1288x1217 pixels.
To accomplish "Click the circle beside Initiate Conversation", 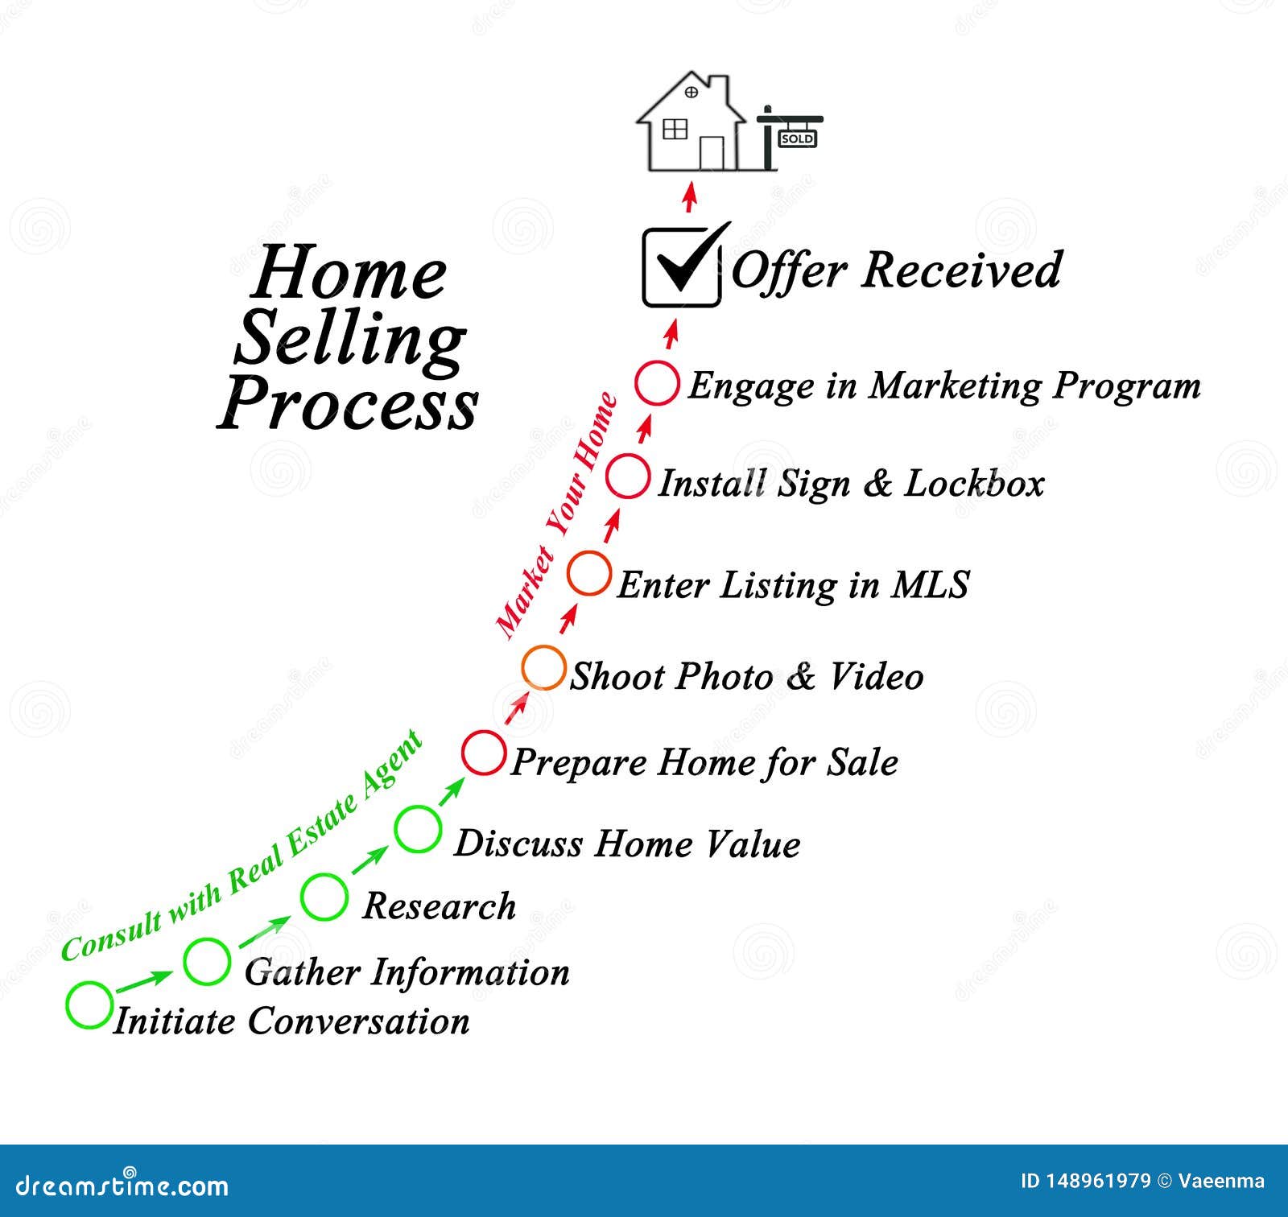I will pyautogui.click(x=89, y=1005).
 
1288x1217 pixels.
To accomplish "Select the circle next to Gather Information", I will pyautogui.click(x=207, y=961).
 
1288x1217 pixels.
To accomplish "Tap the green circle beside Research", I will pyautogui.click(x=324, y=896).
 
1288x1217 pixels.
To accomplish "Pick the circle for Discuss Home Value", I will pyautogui.click(x=418, y=828).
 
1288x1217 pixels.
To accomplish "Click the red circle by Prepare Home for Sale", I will pyautogui.click(x=484, y=753).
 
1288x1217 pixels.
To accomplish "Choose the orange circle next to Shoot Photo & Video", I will pyautogui.click(x=543, y=667).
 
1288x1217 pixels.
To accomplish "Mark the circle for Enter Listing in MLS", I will pyautogui.click(x=589, y=573).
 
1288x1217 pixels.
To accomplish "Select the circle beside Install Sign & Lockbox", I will pyautogui.click(x=627, y=476).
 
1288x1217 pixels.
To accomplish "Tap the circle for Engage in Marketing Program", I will pyautogui.click(x=656, y=382).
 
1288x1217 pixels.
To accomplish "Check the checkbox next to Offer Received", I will pyautogui.click(x=681, y=269).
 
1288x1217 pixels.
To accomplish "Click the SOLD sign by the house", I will pyautogui.click(x=797, y=138).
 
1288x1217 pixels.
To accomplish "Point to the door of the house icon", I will pyautogui.click(x=712, y=153).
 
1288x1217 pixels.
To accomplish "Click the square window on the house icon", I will pyautogui.click(x=675, y=129).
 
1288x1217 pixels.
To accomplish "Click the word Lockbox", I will pyautogui.click(x=974, y=484).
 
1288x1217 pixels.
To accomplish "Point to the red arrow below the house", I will pyautogui.click(x=689, y=198).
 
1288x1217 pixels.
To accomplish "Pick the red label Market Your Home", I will pyautogui.click(x=556, y=516).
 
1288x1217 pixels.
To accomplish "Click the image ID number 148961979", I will pyautogui.click(x=1100, y=1182).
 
